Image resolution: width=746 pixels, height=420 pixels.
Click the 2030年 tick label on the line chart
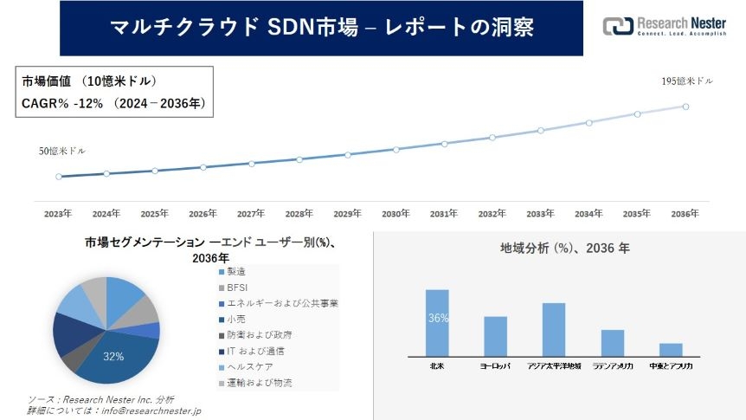[x=396, y=213]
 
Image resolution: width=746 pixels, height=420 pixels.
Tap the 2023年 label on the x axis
[x=58, y=213]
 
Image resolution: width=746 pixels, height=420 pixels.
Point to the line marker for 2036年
[x=685, y=107]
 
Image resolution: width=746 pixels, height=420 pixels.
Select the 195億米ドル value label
[x=687, y=81]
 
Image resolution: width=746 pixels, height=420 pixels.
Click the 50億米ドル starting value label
[x=62, y=151]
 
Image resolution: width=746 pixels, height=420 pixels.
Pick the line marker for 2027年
[x=251, y=163]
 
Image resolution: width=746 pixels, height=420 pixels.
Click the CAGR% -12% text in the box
[x=62, y=103]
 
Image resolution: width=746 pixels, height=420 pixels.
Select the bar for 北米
[x=437, y=322]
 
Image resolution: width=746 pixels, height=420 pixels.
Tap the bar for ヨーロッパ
[x=495, y=336]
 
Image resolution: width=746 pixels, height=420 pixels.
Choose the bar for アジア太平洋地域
[x=553, y=329]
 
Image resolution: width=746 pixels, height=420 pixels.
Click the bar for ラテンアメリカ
[x=612, y=342]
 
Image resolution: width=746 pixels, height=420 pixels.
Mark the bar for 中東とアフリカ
[x=671, y=349]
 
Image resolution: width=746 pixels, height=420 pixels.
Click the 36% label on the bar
[x=437, y=319]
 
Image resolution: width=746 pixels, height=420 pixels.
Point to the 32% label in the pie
[x=113, y=356]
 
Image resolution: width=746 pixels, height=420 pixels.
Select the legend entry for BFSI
[x=239, y=288]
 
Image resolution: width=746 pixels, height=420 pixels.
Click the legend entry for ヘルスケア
[x=248, y=367]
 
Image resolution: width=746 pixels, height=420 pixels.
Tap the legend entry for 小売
[x=236, y=320]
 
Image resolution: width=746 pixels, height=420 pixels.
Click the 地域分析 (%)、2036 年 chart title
[x=564, y=248]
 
